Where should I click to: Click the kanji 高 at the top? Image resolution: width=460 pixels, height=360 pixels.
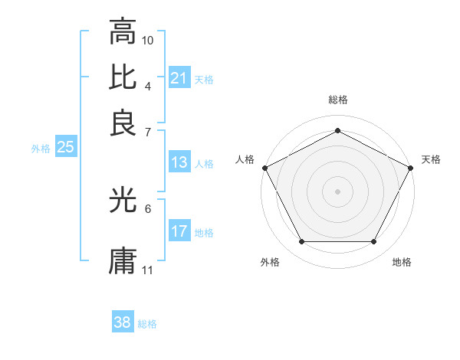pyautogui.click(x=123, y=32)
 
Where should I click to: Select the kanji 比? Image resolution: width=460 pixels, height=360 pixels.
pyautogui.click(x=123, y=77)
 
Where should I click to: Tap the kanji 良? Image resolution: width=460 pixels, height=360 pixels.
pyautogui.click(x=123, y=123)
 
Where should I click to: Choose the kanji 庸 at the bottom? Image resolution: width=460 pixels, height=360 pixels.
pyautogui.click(x=123, y=260)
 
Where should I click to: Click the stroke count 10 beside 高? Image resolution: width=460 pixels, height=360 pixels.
pyautogui.click(x=148, y=40)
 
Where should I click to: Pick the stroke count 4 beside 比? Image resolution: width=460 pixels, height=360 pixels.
pyautogui.click(x=148, y=86)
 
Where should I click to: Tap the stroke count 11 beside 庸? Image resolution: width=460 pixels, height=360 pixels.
pyautogui.click(x=148, y=270)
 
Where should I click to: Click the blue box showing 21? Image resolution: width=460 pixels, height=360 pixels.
pyautogui.click(x=179, y=77)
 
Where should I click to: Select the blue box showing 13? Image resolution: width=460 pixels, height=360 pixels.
pyautogui.click(x=179, y=162)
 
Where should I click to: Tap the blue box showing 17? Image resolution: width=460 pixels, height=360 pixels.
pyautogui.click(x=179, y=231)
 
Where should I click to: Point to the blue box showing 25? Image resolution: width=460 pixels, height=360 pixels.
pyautogui.click(x=65, y=148)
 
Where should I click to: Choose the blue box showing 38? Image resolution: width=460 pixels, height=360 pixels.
pyautogui.click(x=122, y=322)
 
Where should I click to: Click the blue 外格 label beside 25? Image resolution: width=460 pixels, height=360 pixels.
pyautogui.click(x=40, y=149)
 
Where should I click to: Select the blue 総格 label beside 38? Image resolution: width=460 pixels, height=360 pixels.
pyautogui.click(x=147, y=324)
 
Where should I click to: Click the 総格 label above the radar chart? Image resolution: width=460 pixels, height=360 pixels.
pyautogui.click(x=337, y=100)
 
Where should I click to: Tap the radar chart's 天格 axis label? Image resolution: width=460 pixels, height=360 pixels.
pyautogui.click(x=431, y=159)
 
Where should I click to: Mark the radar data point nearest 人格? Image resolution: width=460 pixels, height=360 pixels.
pyautogui.click(x=264, y=167)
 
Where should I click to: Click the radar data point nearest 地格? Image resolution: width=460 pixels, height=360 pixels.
pyautogui.click(x=374, y=242)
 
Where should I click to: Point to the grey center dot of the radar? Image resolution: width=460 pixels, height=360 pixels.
pyautogui.click(x=337, y=191)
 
